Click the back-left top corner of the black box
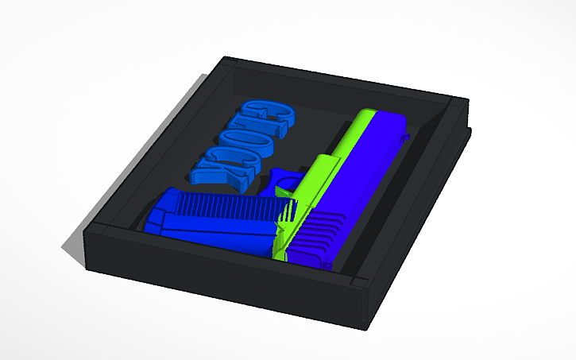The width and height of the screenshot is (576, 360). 226,59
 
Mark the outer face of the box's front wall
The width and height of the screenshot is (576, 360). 222,282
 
